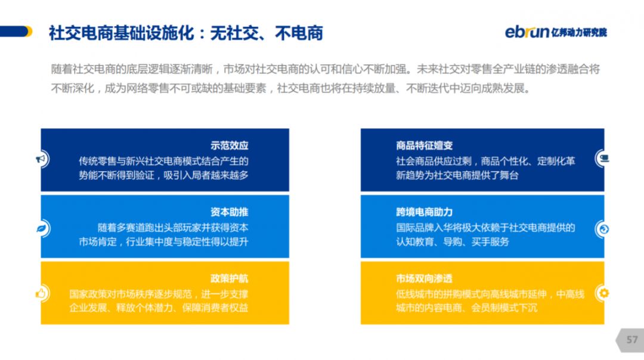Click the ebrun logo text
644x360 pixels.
click(527, 32)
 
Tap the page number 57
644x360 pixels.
click(631, 340)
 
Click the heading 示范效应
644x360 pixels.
click(229, 145)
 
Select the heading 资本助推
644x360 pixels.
click(229, 212)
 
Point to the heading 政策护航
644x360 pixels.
click(229, 278)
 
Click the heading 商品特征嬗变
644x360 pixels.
click(425, 145)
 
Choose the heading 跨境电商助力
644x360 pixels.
click(425, 212)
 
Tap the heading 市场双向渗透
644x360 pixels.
click(425, 278)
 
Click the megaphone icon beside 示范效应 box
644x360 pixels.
click(41, 159)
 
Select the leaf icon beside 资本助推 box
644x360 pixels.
click(41, 228)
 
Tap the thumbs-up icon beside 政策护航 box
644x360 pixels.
click(41, 293)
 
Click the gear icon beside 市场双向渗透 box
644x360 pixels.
click(603, 293)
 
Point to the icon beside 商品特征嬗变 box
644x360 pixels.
click(604, 158)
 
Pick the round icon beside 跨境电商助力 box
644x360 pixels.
click(603, 229)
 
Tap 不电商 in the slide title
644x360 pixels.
click(299, 33)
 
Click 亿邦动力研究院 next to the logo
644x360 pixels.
click(579, 32)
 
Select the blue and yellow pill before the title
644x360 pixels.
click(16, 31)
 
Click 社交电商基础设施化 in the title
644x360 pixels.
click(122, 33)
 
